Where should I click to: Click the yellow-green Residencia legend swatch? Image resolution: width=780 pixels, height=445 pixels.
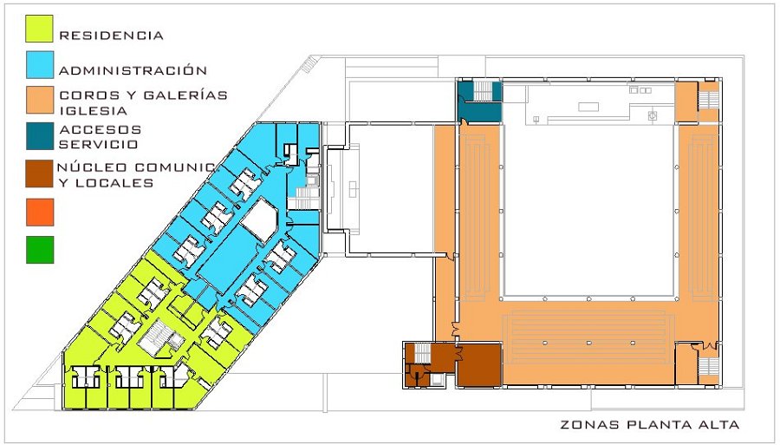tap(39, 29)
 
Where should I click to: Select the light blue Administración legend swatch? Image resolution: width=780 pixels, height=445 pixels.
tap(40, 65)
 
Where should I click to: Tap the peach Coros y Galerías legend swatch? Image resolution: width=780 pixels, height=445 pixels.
tap(40, 100)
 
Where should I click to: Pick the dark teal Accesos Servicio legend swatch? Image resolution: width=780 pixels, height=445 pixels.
tap(40, 136)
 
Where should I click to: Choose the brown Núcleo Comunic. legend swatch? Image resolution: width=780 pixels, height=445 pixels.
tap(39, 173)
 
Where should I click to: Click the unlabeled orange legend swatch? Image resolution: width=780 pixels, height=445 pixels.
tap(40, 212)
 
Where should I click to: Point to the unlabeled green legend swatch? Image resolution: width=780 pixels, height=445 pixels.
tap(40, 249)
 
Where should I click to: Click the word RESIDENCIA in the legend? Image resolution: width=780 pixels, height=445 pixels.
tap(112, 36)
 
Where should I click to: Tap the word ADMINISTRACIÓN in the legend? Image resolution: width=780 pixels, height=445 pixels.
tap(133, 70)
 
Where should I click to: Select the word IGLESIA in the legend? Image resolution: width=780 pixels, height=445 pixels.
tap(93, 110)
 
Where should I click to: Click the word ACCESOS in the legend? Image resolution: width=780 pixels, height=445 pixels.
tap(101, 129)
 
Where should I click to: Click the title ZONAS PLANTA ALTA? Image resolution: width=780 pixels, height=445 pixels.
tap(650, 424)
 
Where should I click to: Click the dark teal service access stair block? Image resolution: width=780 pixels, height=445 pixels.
tap(479, 101)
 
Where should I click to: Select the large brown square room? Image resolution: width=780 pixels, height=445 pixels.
tap(478, 365)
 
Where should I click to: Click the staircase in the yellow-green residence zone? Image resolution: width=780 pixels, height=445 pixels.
tap(155, 337)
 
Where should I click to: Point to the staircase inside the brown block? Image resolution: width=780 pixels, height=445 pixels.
tap(422, 353)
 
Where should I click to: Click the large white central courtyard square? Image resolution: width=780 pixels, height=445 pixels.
tap(589, 210)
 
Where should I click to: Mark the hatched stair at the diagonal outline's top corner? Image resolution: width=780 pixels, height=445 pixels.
tap(309, 64)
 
